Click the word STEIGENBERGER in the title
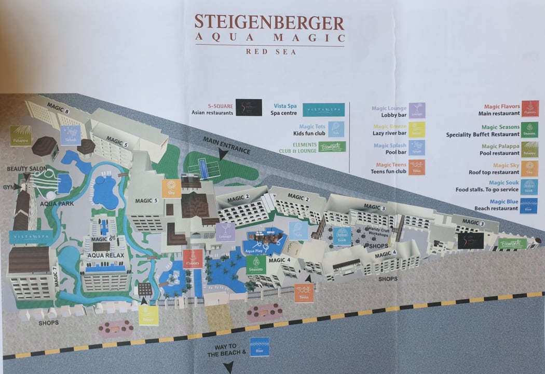[x=269, y=23]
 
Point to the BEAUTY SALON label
[x=27, y=169]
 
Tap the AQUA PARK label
[x=57, y=204]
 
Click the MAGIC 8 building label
[x=58, y=107]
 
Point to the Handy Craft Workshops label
[x=368, y=232]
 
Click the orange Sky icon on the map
[x=171, y=188]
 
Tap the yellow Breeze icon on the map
[x=148, y=315]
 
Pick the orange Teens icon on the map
[x=304, y=294]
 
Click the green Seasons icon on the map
[x=256, y=264]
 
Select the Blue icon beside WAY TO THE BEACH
[x=260, y=347]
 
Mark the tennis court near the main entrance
[x=200, y=168]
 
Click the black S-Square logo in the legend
[x=249, y=107]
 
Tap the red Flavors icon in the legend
[x=530, y=109]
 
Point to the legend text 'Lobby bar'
[x=391, y=116]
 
